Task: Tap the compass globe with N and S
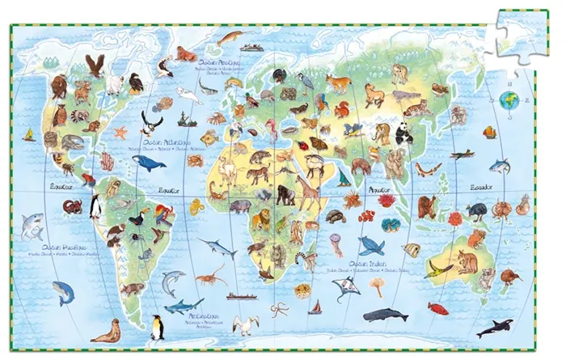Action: pos(509,100)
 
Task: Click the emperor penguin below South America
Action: pos(158,327)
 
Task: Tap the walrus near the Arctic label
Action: pos(185,54)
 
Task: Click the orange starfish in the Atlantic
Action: pos(120,132)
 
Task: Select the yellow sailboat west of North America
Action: pos(29,134)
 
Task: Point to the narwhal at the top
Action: pos(230,38)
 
